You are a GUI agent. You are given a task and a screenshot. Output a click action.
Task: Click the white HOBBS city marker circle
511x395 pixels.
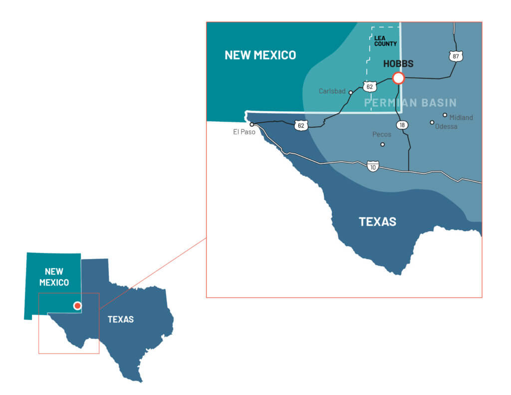click(x=398, y=78)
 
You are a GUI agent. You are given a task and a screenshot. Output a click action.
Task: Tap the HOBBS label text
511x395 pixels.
click(x=398, y=64)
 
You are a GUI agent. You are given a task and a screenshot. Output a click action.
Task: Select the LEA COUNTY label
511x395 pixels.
click(x=385, y=40)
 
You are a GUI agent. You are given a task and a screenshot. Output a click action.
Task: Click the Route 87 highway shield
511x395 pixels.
click(x=455, y=56)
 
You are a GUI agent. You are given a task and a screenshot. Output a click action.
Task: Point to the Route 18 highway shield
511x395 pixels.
click(x=401, y=124)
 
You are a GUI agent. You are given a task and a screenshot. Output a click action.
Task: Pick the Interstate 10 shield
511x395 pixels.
click(x=372, y=166)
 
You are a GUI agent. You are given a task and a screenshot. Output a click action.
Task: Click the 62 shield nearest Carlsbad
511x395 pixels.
click(x=369, y=87)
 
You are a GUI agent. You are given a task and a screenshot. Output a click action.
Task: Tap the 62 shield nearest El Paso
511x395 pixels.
click(x=300, y=125)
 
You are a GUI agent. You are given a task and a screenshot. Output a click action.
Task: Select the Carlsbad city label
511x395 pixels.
click(x=332, y=91)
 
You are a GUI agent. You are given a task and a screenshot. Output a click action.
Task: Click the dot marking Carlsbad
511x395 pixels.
click(x=351, y=92)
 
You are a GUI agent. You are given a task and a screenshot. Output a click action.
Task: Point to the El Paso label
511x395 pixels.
click(x=244, y=132)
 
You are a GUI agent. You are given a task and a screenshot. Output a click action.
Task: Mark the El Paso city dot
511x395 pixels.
click(x=252, y=124)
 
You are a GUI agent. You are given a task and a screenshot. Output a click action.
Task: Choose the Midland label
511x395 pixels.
click(x=461, y=117)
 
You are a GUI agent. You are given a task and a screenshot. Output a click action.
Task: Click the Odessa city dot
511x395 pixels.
click(x=432, y=122)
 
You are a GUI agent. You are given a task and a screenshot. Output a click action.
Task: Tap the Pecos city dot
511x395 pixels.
click(x=383, y=144)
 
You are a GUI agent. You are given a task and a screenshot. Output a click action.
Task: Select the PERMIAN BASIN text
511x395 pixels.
click(x=410, y=103)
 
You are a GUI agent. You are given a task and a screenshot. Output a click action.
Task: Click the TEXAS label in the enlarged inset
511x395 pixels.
click(x=377, y=221)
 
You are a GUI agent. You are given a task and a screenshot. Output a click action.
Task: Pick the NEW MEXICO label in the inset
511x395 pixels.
click(x=260, y=55)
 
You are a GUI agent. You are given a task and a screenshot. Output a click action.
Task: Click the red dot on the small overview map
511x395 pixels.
click(x=77, y=306)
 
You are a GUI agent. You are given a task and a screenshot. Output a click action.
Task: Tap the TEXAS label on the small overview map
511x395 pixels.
click(x=121, y=319)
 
